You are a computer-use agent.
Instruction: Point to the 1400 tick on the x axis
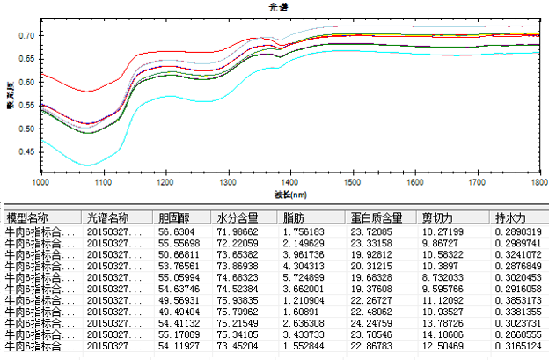click(x=353, y=182)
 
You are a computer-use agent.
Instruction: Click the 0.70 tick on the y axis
click(x=26, y=36)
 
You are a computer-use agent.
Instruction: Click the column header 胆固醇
click(x=176, y=217)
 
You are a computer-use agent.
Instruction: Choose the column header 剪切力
click(x=439, y=217)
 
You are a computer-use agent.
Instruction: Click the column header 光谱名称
click(x=107, y=217)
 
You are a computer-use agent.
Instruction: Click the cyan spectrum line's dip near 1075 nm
click(x=86, y=165)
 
